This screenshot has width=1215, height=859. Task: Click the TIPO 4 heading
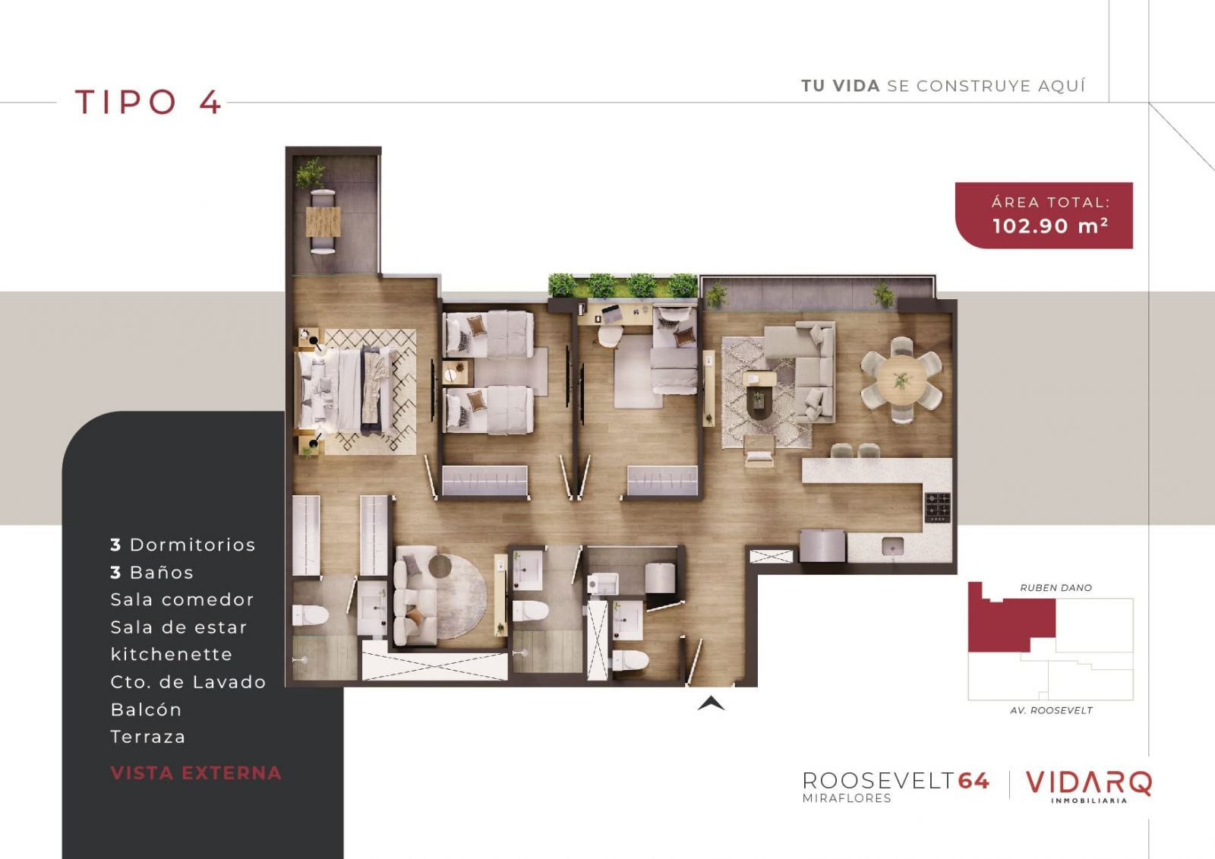point(148,102)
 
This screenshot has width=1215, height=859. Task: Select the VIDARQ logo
point(1089,786)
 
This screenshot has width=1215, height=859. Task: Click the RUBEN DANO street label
point(1056,588)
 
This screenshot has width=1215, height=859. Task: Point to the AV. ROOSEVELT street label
point(1051,710)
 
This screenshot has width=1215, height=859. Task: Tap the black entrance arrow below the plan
point(711,703)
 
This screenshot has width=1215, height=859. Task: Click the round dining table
point(901,380)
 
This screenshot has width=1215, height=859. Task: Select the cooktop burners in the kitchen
point(937,507)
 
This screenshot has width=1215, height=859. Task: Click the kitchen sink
point(892,546)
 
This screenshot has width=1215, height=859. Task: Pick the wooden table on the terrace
point(323,222)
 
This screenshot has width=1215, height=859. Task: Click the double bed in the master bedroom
point(345,390)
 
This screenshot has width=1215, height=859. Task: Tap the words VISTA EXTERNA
point(196,772)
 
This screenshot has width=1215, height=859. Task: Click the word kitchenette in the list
point(172,654)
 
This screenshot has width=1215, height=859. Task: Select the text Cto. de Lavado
point(188,681)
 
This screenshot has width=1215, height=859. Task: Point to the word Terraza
point(148,737)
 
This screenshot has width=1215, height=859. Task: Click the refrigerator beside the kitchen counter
point(822,545)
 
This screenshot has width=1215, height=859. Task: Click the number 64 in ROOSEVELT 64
point(974,780)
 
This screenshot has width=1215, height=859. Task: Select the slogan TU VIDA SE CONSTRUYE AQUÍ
point(943,86)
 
